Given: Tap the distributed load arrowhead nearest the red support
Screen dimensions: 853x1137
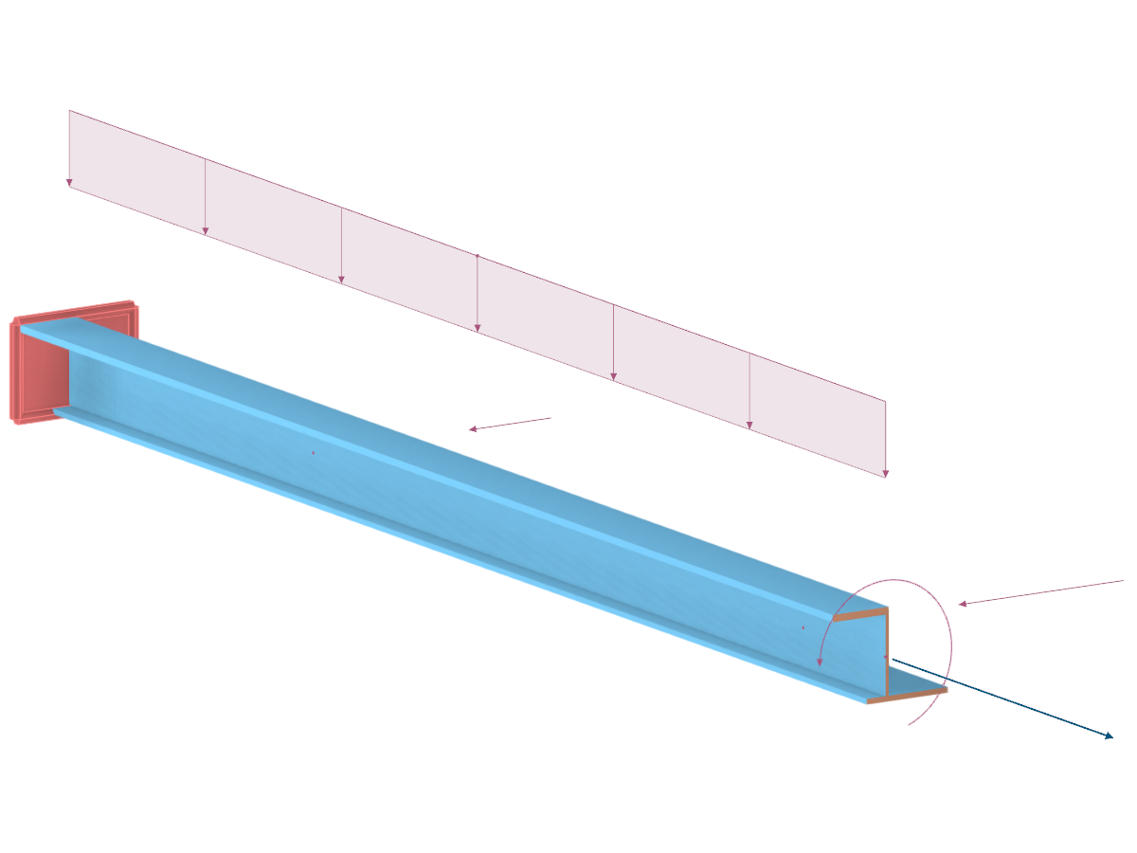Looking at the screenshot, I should click(x=69, y=182).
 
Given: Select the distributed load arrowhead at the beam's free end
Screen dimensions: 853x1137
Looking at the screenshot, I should click(x=886, y=472).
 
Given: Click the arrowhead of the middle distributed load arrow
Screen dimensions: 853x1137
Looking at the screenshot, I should click(x=478, y=328).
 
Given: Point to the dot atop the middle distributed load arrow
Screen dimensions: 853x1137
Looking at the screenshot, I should click(x=478, y=256).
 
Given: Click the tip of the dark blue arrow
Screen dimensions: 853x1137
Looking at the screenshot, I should click(x=1111, y=736).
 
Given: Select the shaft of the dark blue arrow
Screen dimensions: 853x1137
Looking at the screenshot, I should click(x=1004, y=698).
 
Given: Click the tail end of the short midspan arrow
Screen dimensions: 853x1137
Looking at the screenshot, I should click(x=550, y=417).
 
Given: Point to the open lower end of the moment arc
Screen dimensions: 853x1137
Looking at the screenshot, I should click(x=910, y=725).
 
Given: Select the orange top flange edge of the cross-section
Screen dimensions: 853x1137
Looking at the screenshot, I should click(x=860, y=615).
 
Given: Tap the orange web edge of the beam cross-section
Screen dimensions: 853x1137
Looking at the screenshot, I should click(x=887, y=654).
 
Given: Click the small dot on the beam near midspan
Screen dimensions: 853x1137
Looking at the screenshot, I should click(x=313, y=453).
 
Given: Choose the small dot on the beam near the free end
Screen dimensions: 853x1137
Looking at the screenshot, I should click(x=803, y=627).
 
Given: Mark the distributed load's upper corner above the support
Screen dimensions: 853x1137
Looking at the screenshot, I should click(x=69, y=111).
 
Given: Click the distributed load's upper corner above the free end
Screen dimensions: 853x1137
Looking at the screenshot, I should click(x=886, y=400).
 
